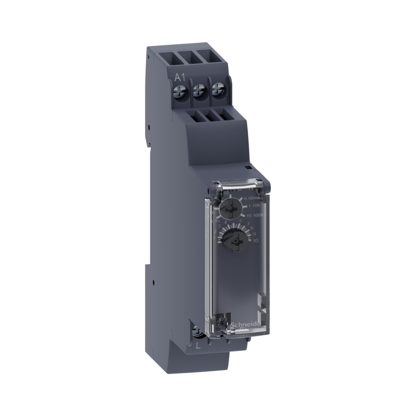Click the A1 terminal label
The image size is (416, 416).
click(x=179, y=77)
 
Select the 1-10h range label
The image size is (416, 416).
click(x=254, y=206)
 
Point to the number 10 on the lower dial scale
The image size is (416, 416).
click(x=256, y=241)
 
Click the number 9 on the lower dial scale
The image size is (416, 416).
click(x=255, y=234)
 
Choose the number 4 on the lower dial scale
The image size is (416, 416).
click(x=225, y=223)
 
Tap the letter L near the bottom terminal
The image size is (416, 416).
click(x=198, y=346)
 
